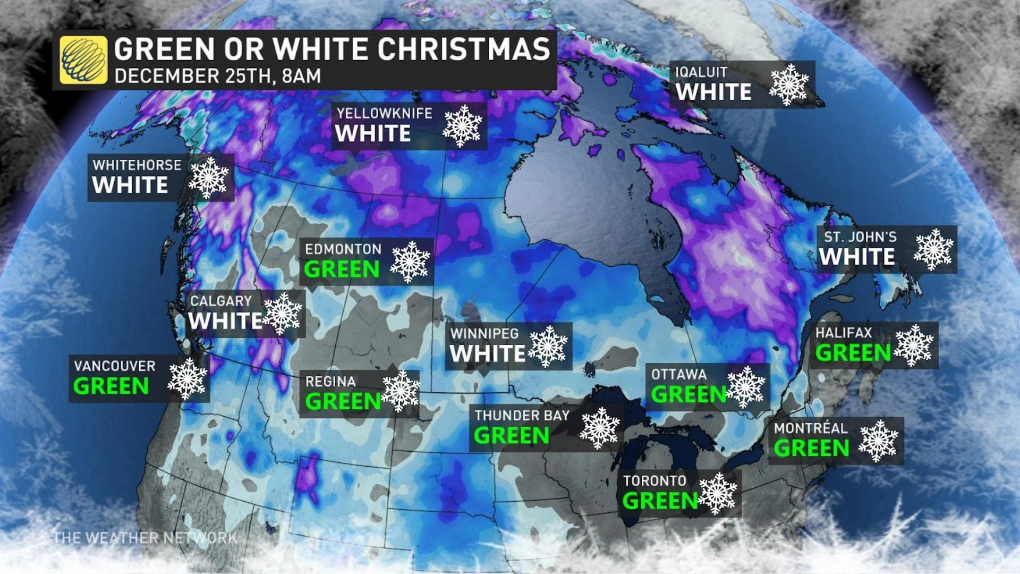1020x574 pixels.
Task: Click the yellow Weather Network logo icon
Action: click(x=83, y=60)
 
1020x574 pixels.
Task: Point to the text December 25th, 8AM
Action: click(x=218, y=76)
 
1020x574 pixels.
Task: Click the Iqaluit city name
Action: click(x=701, y=72)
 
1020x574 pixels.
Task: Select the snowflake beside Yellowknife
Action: click(x=462, y=126)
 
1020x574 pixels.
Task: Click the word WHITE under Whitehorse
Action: click(x=130, y=185)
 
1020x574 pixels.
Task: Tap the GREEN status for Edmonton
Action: click(x=342, y=269)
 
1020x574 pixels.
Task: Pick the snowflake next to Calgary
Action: click(x=283, y=314)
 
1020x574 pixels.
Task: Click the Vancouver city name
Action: click(x=115, y=366)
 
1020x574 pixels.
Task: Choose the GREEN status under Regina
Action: click(x=343, y=401)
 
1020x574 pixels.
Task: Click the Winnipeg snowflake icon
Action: click(x=547, y=347)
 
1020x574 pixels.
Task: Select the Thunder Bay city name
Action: click(x=522, y=416)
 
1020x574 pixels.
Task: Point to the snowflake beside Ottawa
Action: click(x=746, y=387)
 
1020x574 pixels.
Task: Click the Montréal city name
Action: click(x=810, y=428)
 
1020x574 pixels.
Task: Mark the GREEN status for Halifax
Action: click(x=853, y=352)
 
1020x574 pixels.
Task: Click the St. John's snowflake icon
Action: click(x=933, y=250)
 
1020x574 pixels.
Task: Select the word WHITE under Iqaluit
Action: click(x=713, y=92)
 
